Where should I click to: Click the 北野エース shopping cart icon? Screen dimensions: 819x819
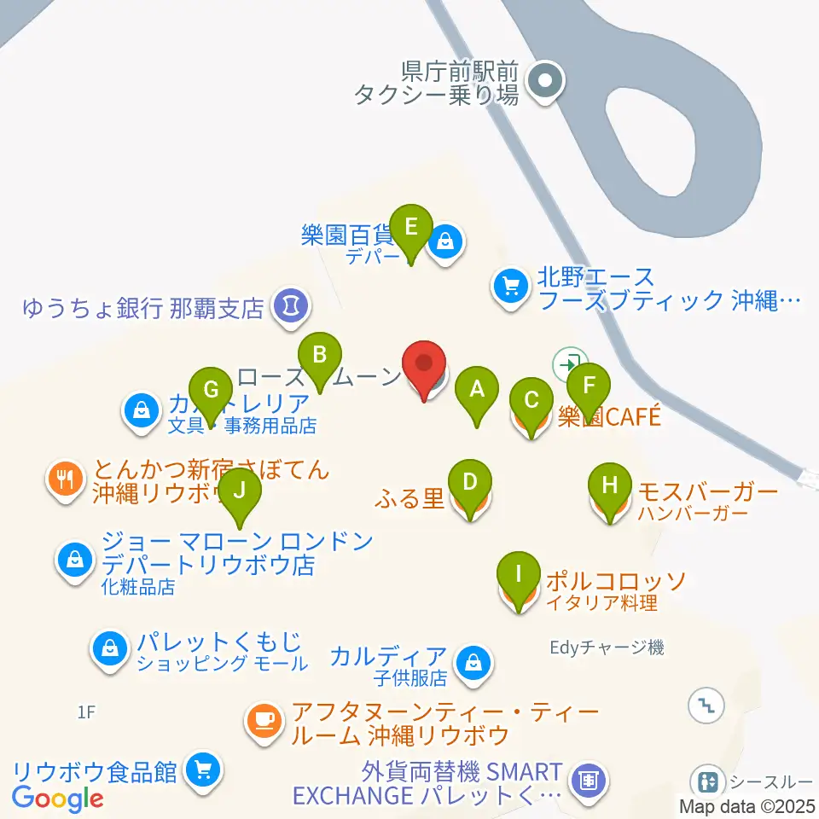point(511,288)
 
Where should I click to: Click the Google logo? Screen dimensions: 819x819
point(58,798)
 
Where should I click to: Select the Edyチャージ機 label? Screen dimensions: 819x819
point(606,648)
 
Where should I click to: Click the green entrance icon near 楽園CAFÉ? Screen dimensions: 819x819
point(566,364)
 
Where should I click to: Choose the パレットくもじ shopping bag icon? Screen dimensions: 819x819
point(110,651)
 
